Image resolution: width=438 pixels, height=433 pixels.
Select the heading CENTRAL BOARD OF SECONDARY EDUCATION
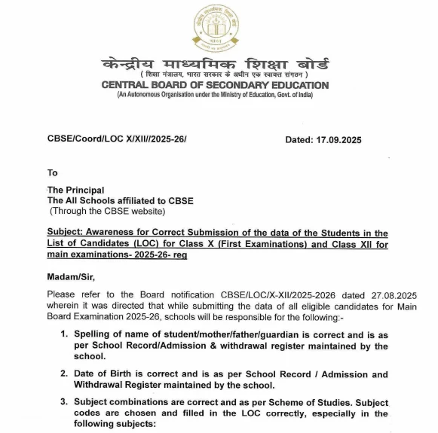point(215,85)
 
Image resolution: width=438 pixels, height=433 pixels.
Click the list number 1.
point(65,334)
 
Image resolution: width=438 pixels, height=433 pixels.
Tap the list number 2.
point(65,374)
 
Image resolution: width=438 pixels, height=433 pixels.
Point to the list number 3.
point(65,403)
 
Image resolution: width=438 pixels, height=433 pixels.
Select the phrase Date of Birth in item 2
point(107,374)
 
